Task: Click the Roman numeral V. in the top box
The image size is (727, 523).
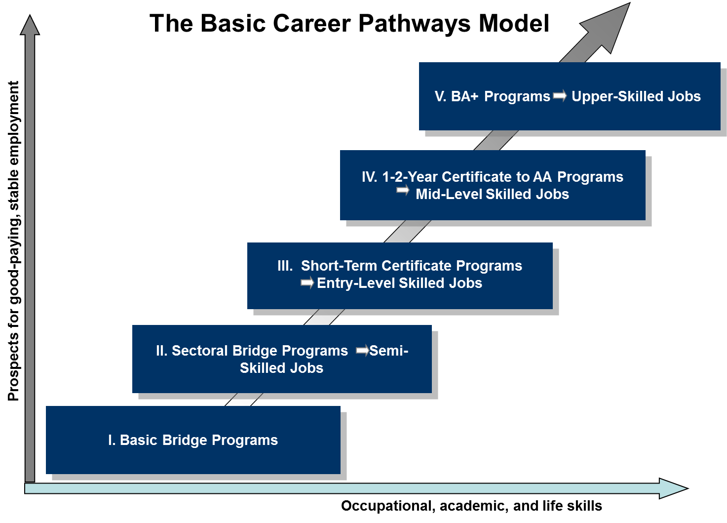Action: (x=440, y=96)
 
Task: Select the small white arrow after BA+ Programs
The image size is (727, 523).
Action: (x=560, y=96)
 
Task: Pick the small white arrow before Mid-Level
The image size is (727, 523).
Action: (x=403, y=191)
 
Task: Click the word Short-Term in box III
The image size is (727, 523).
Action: (x=339, y=266)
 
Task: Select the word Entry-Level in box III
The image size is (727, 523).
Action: (x=356, y=283)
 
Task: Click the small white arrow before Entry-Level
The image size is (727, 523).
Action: (x=307, y=283)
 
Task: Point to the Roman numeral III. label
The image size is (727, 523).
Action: (x=285, y=266)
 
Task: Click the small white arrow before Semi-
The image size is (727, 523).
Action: (x=362, y=351)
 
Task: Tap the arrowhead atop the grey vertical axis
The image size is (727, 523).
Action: (x=30, y=26)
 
